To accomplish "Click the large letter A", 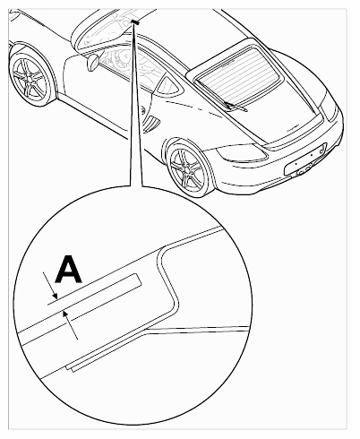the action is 69,269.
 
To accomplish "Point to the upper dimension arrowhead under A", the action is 55,297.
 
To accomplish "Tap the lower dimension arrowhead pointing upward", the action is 65,314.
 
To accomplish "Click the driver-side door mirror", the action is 92,62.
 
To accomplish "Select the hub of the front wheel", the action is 29,79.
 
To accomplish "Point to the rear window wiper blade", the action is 236,107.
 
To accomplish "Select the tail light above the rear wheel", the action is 243,152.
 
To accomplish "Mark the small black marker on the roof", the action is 135,22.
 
